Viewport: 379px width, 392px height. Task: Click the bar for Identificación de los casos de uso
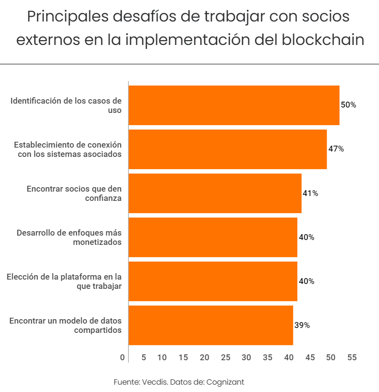pyautogui.click(x=234, y=105)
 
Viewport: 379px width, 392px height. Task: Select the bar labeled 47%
pyautogui.click(x=227, y=149)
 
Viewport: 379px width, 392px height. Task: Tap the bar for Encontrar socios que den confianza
pyautogui.click(x=215, y=193)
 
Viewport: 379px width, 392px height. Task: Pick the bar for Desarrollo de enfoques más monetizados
pyautogui.click(x=213, y=237)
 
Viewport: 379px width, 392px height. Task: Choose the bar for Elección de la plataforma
pyautogui.click(x=213, y=281)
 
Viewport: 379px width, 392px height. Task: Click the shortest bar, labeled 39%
pyautogui.click(x=211, y=325)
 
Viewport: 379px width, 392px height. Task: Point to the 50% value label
pyautogui.click(x=348, y=105)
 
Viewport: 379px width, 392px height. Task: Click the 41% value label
pyautogui.click(x=310, y=193)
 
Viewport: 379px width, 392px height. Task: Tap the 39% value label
pyautogui.click(x=302, y=325)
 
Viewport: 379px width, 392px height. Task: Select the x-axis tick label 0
pyautogui.click(x=122, y=358)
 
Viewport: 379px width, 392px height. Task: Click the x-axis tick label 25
pyautogui.click(x=225, y=358)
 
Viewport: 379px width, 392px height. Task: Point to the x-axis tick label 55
pyautogui.click(x=352, y=358)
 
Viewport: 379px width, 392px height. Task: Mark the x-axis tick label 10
pyautogui.click(x=162, y=358)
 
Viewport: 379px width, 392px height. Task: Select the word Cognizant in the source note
pyautogui.click(x=225, y=381)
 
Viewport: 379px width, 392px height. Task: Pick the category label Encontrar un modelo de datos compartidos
pyautogui.click(x=66, y=325)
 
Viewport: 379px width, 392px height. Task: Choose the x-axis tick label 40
pyautogui.click(x=289, y=358)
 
